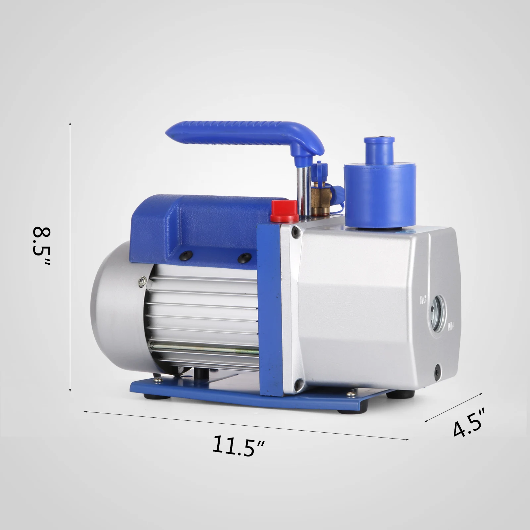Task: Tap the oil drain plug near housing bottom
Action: point(438,368)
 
